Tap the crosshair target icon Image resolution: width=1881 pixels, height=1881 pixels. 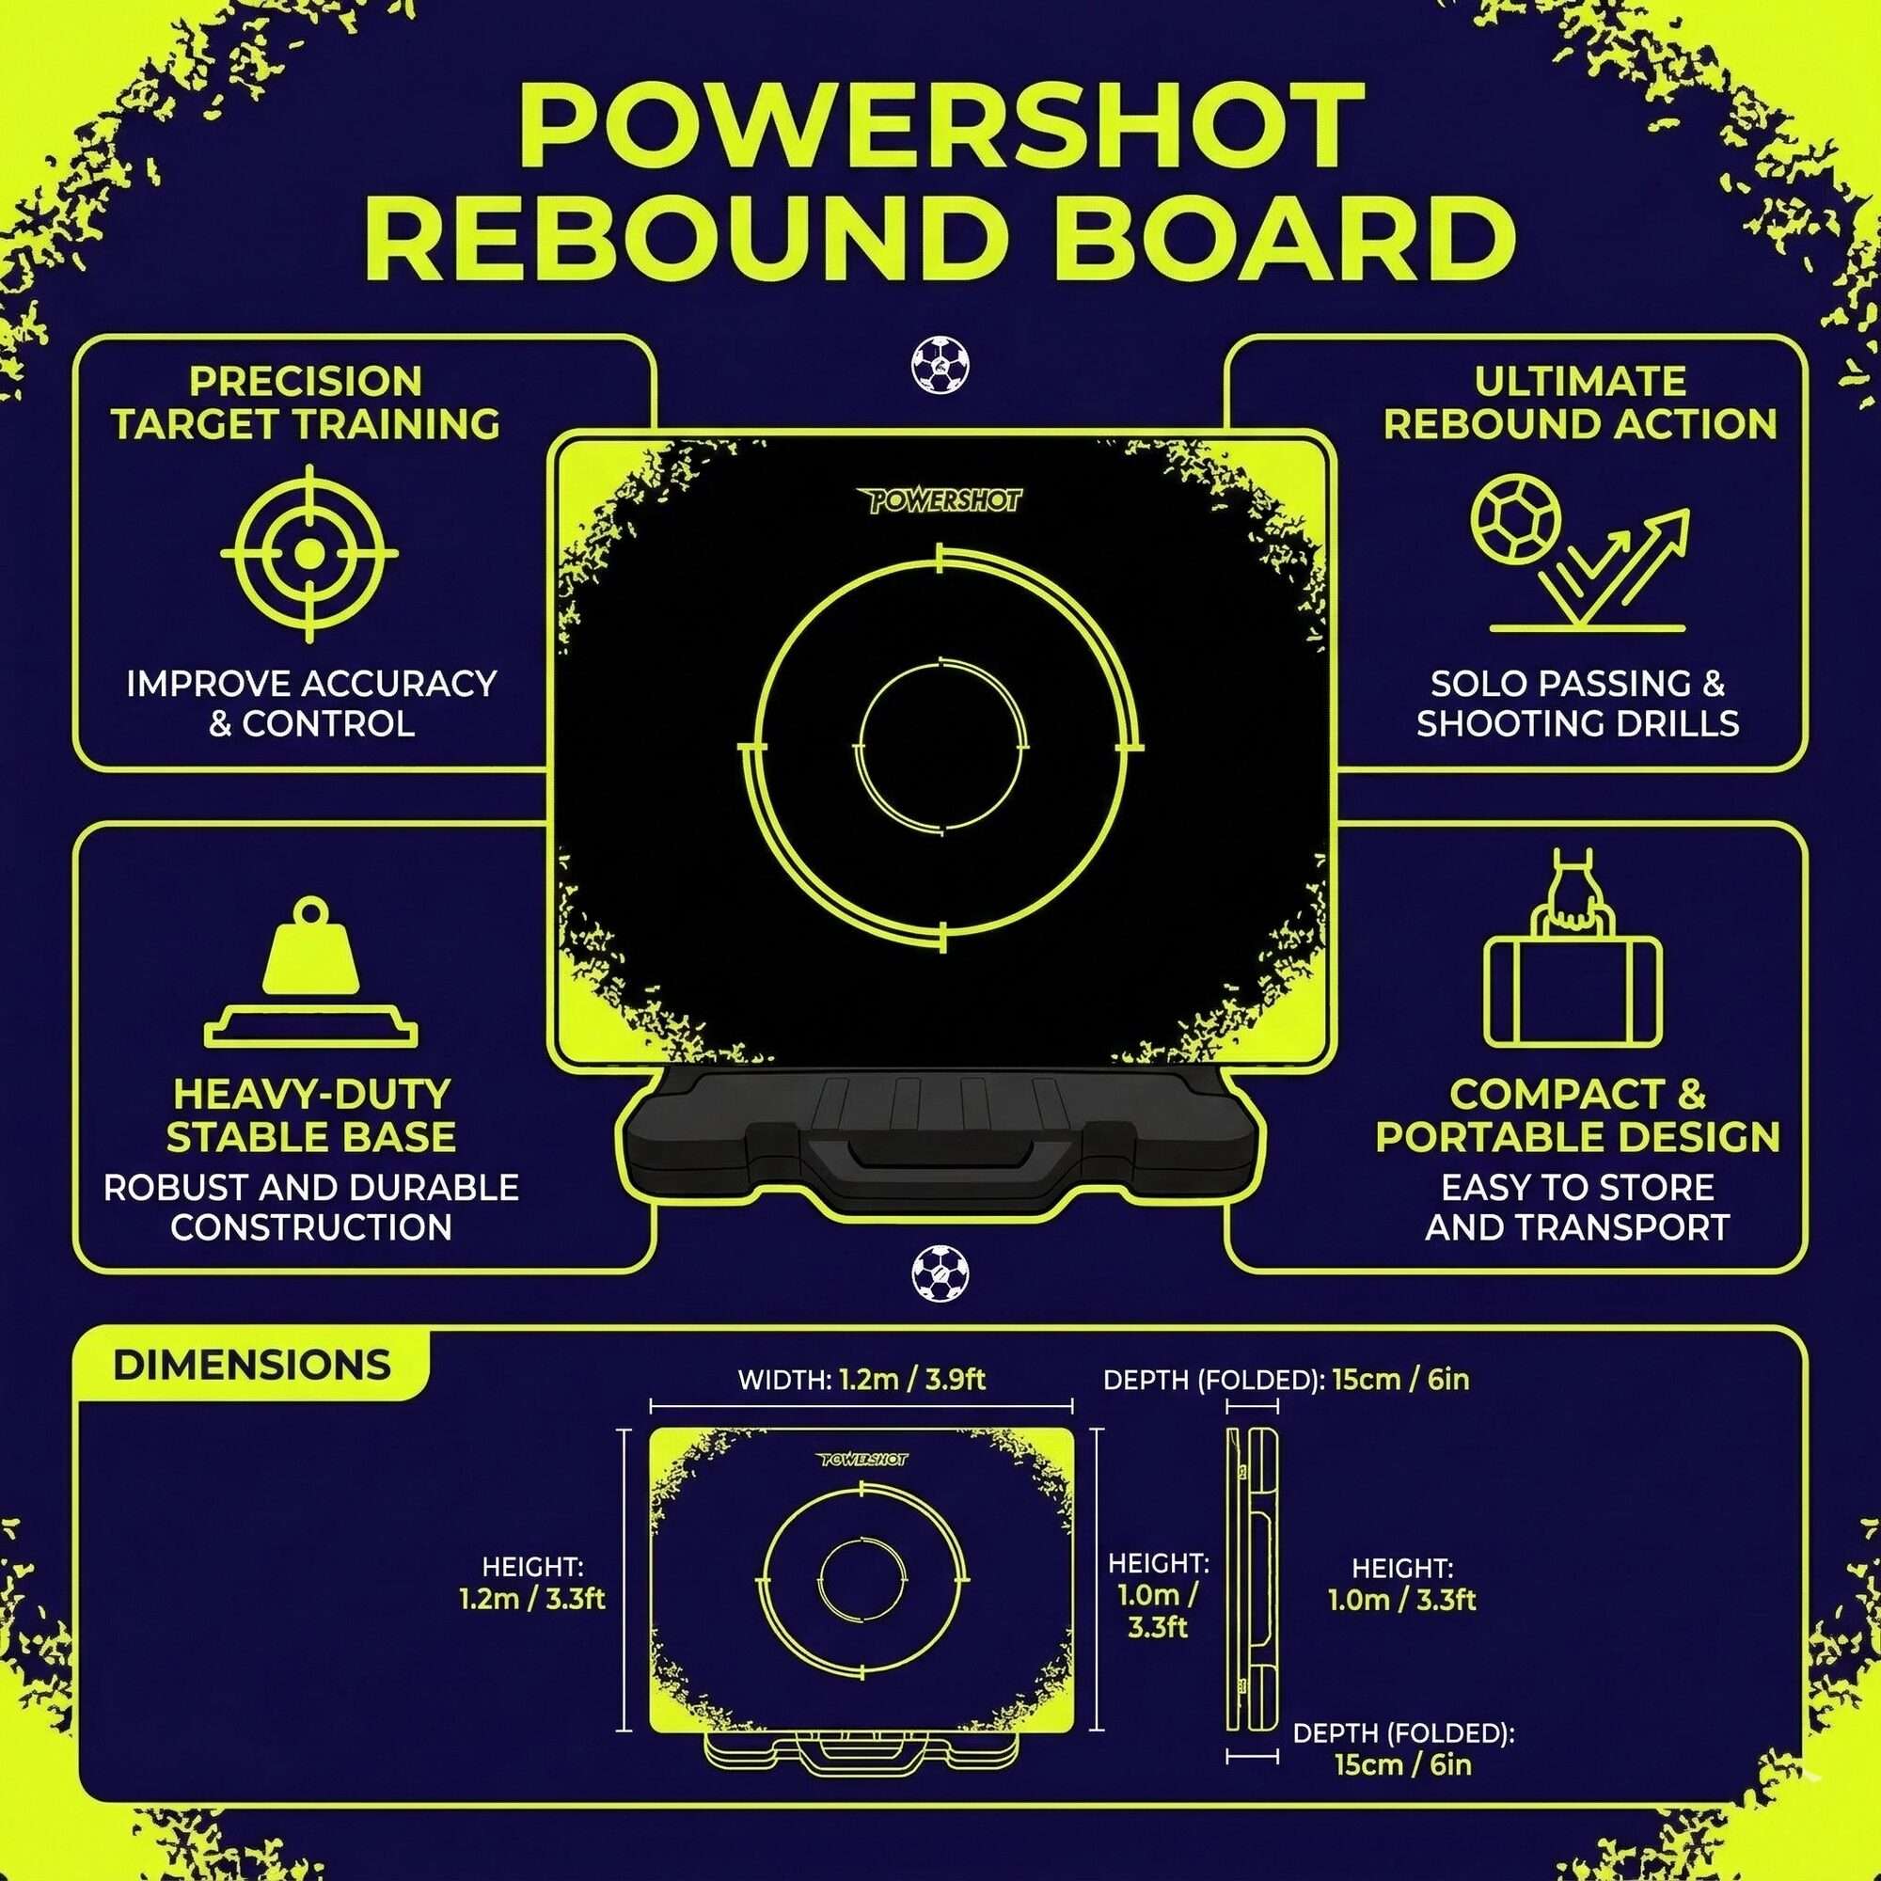(309, 553)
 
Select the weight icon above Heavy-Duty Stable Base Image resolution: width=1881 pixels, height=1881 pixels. (310, 973)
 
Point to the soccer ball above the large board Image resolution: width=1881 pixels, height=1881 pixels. (940, 365)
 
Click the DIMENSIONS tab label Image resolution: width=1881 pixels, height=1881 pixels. (251, 1364)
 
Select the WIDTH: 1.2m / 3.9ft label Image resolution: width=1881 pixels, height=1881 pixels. (861, 1380)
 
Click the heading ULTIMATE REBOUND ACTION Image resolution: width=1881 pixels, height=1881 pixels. (1580, 403)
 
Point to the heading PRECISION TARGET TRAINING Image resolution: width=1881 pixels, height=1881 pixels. (306, 403)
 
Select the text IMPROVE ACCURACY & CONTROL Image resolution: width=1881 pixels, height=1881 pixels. (311, 703)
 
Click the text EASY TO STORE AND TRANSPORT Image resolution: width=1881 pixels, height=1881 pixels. (1577, 1208)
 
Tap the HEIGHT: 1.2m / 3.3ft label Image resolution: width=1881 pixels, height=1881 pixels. (532, 1583)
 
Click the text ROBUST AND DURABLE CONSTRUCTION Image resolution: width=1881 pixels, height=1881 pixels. (311, 1208)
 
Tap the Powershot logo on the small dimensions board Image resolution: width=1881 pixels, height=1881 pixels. (862, 1460)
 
